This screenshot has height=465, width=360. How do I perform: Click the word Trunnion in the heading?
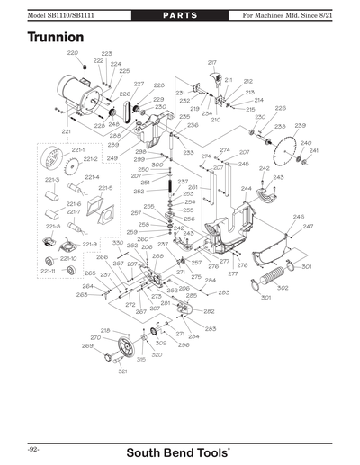coord(56,38)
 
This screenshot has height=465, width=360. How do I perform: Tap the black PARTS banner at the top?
coord(180,16)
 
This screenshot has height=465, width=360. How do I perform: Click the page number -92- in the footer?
coord(31,447)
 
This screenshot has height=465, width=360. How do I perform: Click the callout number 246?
coord(298,217)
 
